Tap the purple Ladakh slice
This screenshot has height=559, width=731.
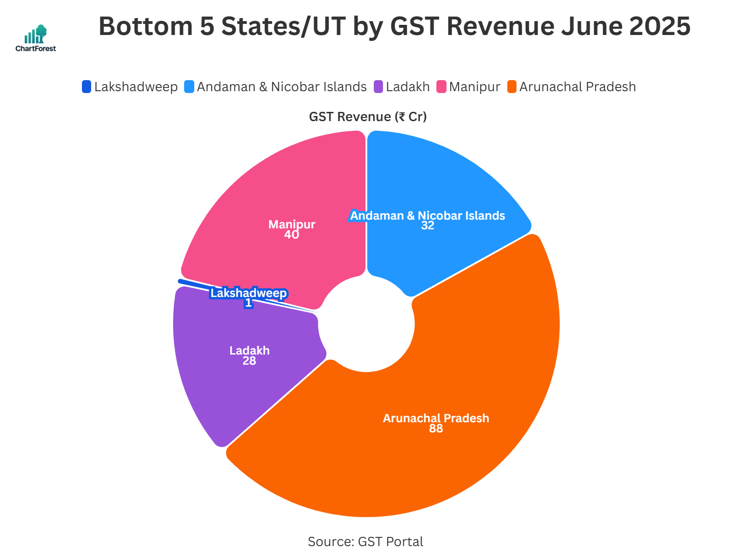click(x=230, y=382)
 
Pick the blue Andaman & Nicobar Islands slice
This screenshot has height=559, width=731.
click(x=442, y=184)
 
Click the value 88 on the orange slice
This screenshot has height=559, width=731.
click(x=435, y=429)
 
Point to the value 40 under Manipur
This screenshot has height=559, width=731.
click(x=291, y=235)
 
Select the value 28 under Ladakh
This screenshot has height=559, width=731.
click(x=249, y=361)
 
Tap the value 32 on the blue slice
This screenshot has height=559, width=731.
click(x=427, y=226)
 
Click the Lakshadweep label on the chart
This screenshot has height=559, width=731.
click(x=249, y=293)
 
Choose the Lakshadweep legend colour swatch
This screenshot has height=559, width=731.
click(x=87, y=87)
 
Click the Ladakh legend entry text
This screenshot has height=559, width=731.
click(x=407, y=87)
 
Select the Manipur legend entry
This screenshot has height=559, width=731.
click(x=474, y=87)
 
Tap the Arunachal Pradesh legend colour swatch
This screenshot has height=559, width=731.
click(x=512, y=87)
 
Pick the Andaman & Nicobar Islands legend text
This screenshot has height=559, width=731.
click(x=281, y=87)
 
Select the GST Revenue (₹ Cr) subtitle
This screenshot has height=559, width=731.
click(x=367, y=116)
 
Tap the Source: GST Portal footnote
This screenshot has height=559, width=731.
click(x=365, y=542)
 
